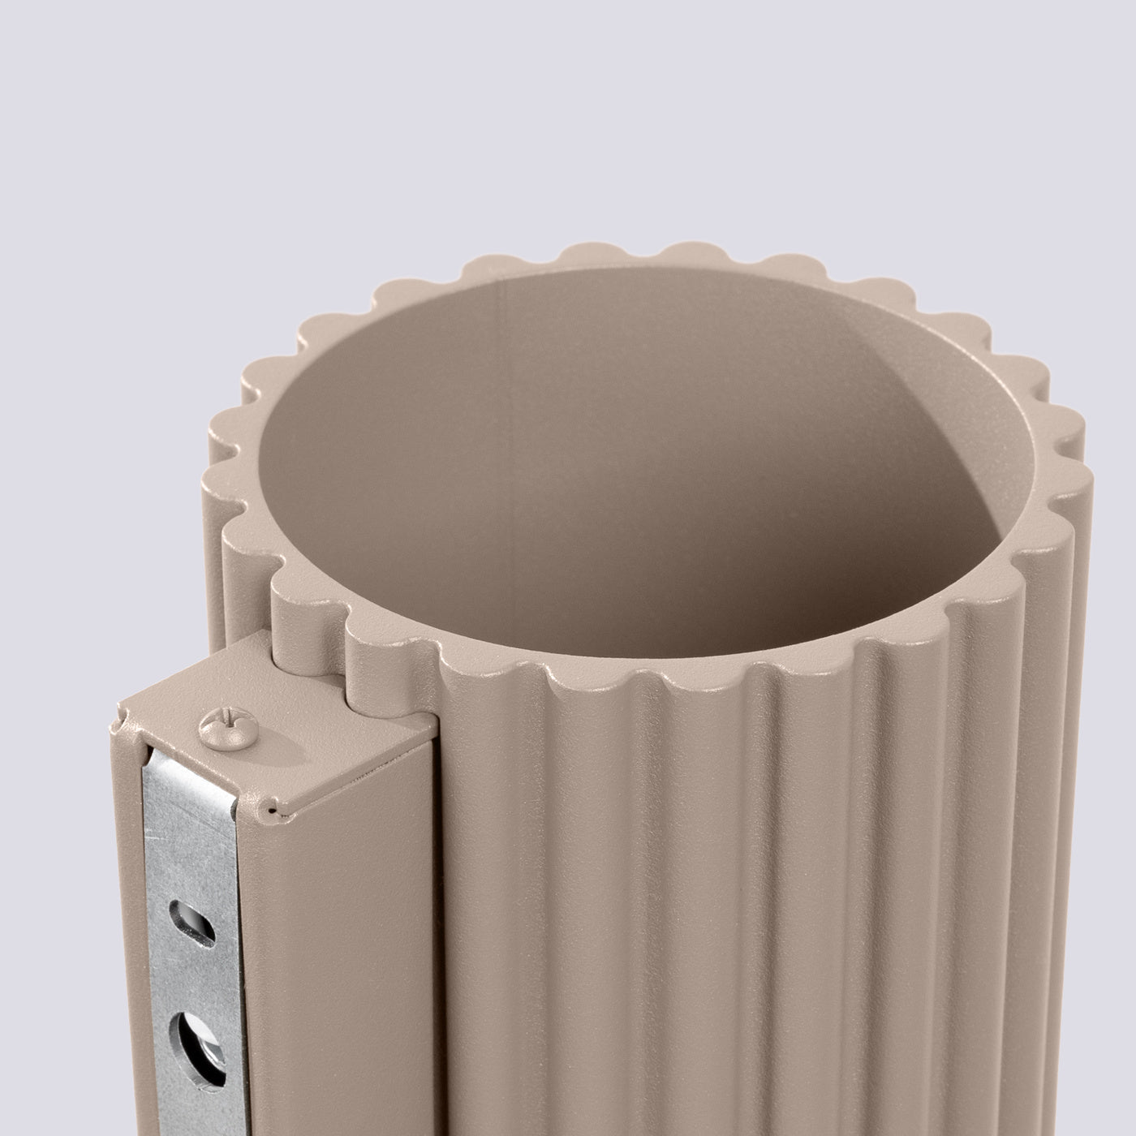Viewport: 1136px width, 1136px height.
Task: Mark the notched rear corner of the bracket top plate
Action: [x=122, y=714]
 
